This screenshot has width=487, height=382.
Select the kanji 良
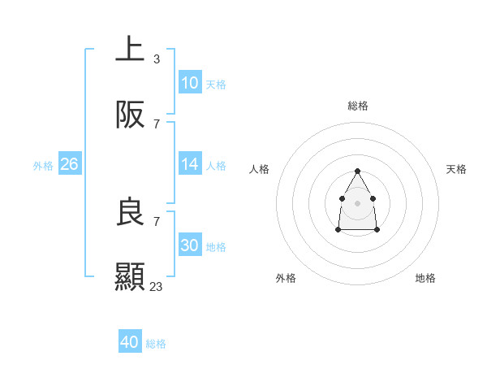click(130, 212)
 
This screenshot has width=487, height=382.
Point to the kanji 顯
click(130, 277)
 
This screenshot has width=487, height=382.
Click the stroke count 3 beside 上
click(156, 59)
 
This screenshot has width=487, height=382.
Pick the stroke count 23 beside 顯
click(157, 287)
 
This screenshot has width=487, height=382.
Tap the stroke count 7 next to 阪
click(156, 124)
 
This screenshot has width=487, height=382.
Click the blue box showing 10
click(189, 83)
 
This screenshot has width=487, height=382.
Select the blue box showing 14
click(189, 164)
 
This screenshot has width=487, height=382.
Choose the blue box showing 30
click(189, 245)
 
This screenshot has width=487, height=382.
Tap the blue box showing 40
click(130, 342)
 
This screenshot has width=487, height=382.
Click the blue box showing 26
click(70, 164)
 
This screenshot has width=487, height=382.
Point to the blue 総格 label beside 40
click(157, 344)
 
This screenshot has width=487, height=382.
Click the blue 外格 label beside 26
click(43, 166)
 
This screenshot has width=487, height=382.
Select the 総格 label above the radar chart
click(357, 106)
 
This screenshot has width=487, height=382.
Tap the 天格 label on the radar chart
click(456, 169)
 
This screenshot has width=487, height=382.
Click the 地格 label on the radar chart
click(425, 278)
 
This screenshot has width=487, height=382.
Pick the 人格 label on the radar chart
click(260, 169)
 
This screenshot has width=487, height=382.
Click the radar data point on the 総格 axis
click(357, 171)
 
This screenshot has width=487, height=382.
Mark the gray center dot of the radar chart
click(357, 202)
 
